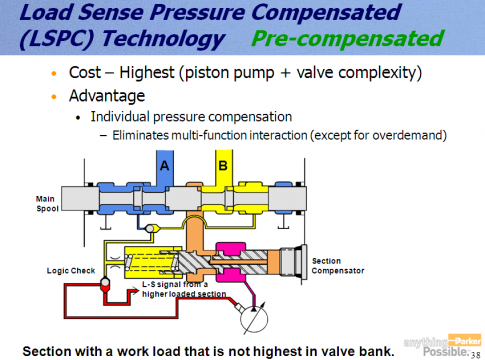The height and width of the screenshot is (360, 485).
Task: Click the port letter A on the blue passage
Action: coord(164,166)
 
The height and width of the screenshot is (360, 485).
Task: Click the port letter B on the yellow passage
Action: coord(223,166)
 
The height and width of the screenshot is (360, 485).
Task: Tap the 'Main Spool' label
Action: coord(47,204)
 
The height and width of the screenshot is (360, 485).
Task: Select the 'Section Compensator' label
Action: coord(338,266)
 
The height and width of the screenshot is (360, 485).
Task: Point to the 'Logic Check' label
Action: coord(71,271)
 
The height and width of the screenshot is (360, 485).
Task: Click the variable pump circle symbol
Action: coord(254,318)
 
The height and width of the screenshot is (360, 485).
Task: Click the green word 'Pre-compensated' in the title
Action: coord(348,38)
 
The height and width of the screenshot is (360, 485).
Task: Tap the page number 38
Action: coord(476,355)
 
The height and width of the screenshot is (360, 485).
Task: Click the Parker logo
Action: coord(464,341)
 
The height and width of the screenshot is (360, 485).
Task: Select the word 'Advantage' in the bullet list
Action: coord(107,96)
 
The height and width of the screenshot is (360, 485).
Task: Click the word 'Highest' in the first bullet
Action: coord(147,72)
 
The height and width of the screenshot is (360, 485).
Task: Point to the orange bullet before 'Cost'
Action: coord(54,73)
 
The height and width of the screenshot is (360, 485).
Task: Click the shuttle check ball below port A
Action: coord(150,228)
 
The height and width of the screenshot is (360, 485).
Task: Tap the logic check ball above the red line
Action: coord(105,283)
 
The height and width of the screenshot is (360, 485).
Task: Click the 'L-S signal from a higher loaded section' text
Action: coord(184,289)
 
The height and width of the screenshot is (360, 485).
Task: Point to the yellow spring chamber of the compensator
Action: coord(153,263)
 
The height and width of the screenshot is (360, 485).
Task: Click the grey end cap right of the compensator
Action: coord(293,262)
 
